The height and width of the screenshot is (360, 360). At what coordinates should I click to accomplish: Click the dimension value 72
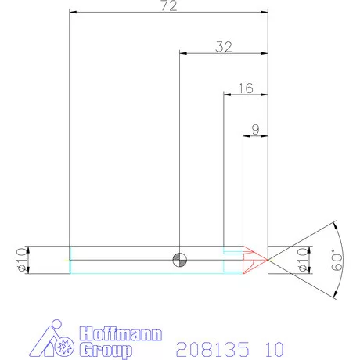(x=168, y=6)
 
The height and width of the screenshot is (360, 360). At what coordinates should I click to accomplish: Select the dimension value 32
(x=224, y=47)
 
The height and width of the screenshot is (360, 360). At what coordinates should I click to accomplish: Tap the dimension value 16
(x=245, y=88)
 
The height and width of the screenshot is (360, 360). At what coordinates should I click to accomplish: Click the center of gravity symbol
(x=181, y=259)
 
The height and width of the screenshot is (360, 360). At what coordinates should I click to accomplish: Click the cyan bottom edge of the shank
(x=149, y=272)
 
